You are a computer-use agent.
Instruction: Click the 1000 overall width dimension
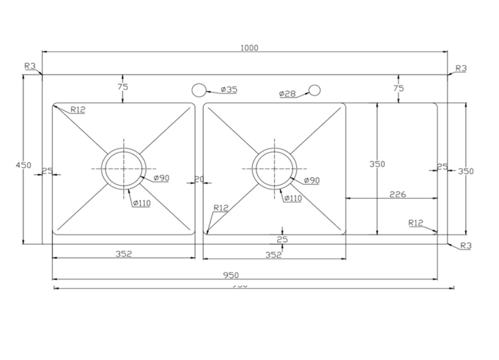[x=249, y=48]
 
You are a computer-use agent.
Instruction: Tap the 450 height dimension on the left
[x=23, y=165]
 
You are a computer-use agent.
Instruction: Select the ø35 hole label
[x=229, y=89]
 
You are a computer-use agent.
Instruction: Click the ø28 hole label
[x=287, y=94]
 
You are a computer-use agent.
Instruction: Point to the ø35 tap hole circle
[x=198, y=89]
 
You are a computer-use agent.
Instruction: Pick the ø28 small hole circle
[x=315, y=90]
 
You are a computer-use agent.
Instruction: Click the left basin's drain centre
[x=124, y=169]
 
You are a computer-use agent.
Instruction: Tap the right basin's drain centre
[x=275, y=168]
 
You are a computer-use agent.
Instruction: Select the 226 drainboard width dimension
[x=397, y=194]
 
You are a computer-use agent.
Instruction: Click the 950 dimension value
[x=231, y=275]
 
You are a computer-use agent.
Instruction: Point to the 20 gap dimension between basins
[x=199, y=179]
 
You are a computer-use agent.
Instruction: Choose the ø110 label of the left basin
[x=141, y=203]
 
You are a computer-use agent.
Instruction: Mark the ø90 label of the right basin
[x=312, y=181]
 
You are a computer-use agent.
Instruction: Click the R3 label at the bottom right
[x=466, y=246]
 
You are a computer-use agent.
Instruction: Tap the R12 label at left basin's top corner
[x=78, y=110]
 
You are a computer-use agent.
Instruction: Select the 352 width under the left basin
[x=123, y=254]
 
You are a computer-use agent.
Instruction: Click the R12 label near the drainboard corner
[x=416, y=223]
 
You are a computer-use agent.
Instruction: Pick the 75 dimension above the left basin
[x=123, y=87]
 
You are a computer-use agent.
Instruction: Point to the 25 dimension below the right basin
[x=282, y=239]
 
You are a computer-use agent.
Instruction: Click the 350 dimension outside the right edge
[x=466, y=171]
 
